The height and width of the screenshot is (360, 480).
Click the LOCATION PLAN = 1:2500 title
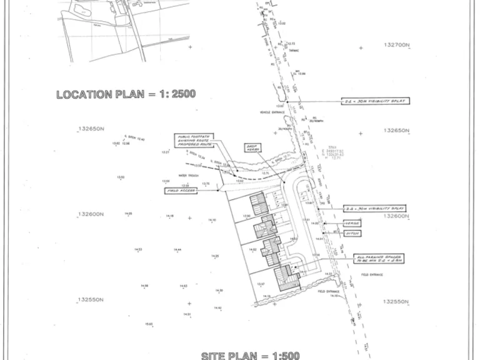click(126, 94)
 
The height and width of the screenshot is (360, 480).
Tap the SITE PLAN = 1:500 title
click(250, 356)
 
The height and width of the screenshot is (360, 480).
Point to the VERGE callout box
click(352, 222)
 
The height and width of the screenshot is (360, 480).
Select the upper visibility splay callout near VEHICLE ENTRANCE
click(374, 101)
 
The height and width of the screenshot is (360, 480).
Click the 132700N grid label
click(396, 46)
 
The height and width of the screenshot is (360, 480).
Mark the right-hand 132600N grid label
click(396, 216)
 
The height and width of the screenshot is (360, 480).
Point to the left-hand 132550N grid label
click(90, 300)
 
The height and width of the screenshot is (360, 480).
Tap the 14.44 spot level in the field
click(177, 250)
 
